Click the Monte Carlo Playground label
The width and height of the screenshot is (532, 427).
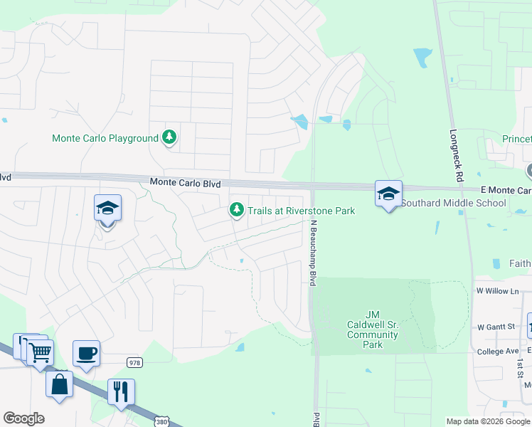click(105, 138)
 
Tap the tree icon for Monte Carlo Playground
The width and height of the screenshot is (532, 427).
click(169, 137)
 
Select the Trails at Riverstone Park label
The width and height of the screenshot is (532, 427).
click(301, 211)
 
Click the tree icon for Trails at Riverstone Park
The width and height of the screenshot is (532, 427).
click(236, 210)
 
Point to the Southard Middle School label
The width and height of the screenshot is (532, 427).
click(454, 203)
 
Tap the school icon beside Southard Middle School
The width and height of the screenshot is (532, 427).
click(389, 194)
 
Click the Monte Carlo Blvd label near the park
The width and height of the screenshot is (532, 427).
click(185, 183)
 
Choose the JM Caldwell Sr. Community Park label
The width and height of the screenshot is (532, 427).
click(373, 330)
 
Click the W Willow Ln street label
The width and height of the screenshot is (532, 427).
click(498, 291)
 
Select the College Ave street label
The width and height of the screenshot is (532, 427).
click(498, 352)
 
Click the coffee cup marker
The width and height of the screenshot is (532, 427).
click(87, 353)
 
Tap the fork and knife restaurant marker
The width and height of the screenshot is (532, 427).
click(121, 391)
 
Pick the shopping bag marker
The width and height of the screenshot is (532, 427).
click(60, 384)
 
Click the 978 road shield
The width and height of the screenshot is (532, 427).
click(134, 362)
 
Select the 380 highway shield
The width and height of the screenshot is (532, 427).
click(162, 421)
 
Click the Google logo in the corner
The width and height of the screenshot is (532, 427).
click(23, 418)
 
